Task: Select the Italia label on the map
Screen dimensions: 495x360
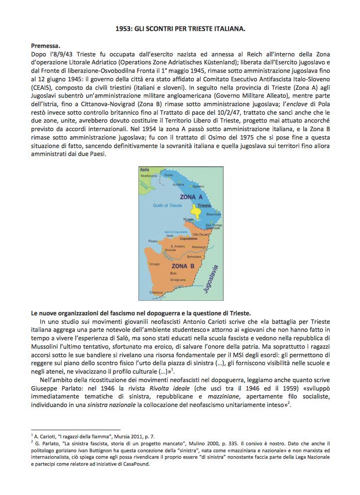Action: [x=145, y=170]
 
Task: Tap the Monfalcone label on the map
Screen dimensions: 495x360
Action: [x=149, y=176]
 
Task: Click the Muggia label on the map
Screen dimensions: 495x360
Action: [x=188, y=219]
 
